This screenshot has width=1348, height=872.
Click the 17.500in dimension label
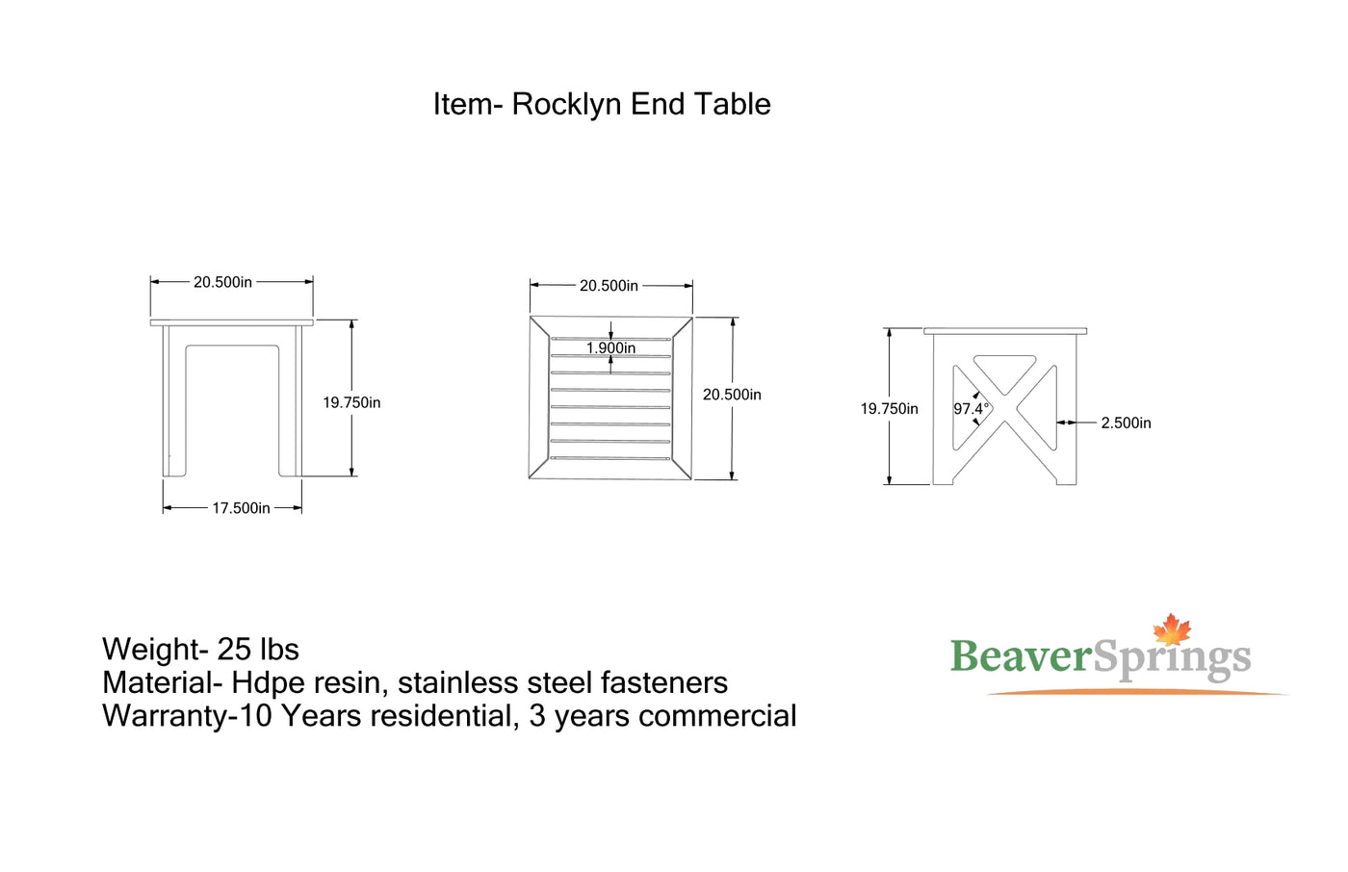click(x=241, y=508)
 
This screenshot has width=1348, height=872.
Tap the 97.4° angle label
click(x=971, y=409)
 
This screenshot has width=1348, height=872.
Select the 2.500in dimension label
click(x=1126, y=423)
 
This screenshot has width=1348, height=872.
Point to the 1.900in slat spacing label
click(x=610, y=348)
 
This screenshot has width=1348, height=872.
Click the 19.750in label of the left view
click(x=351, y=403)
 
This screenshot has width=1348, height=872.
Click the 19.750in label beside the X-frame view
click(x=889, y=409)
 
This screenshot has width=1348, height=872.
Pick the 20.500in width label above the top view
click(x=609, y=286)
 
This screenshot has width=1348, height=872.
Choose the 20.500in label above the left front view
click(x=222, y=282)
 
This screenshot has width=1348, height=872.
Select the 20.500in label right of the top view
click(x=732, y=395)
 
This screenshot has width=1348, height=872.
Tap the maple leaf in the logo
click(x=1172, y=629)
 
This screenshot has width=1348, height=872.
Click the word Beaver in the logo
click(x=1021, y=657)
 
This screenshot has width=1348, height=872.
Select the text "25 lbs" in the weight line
click(x=258, y=650)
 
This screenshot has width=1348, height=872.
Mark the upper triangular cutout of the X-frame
click(x=1004, y=370)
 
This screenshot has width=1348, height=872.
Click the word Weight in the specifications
click(x=150, y=650)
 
